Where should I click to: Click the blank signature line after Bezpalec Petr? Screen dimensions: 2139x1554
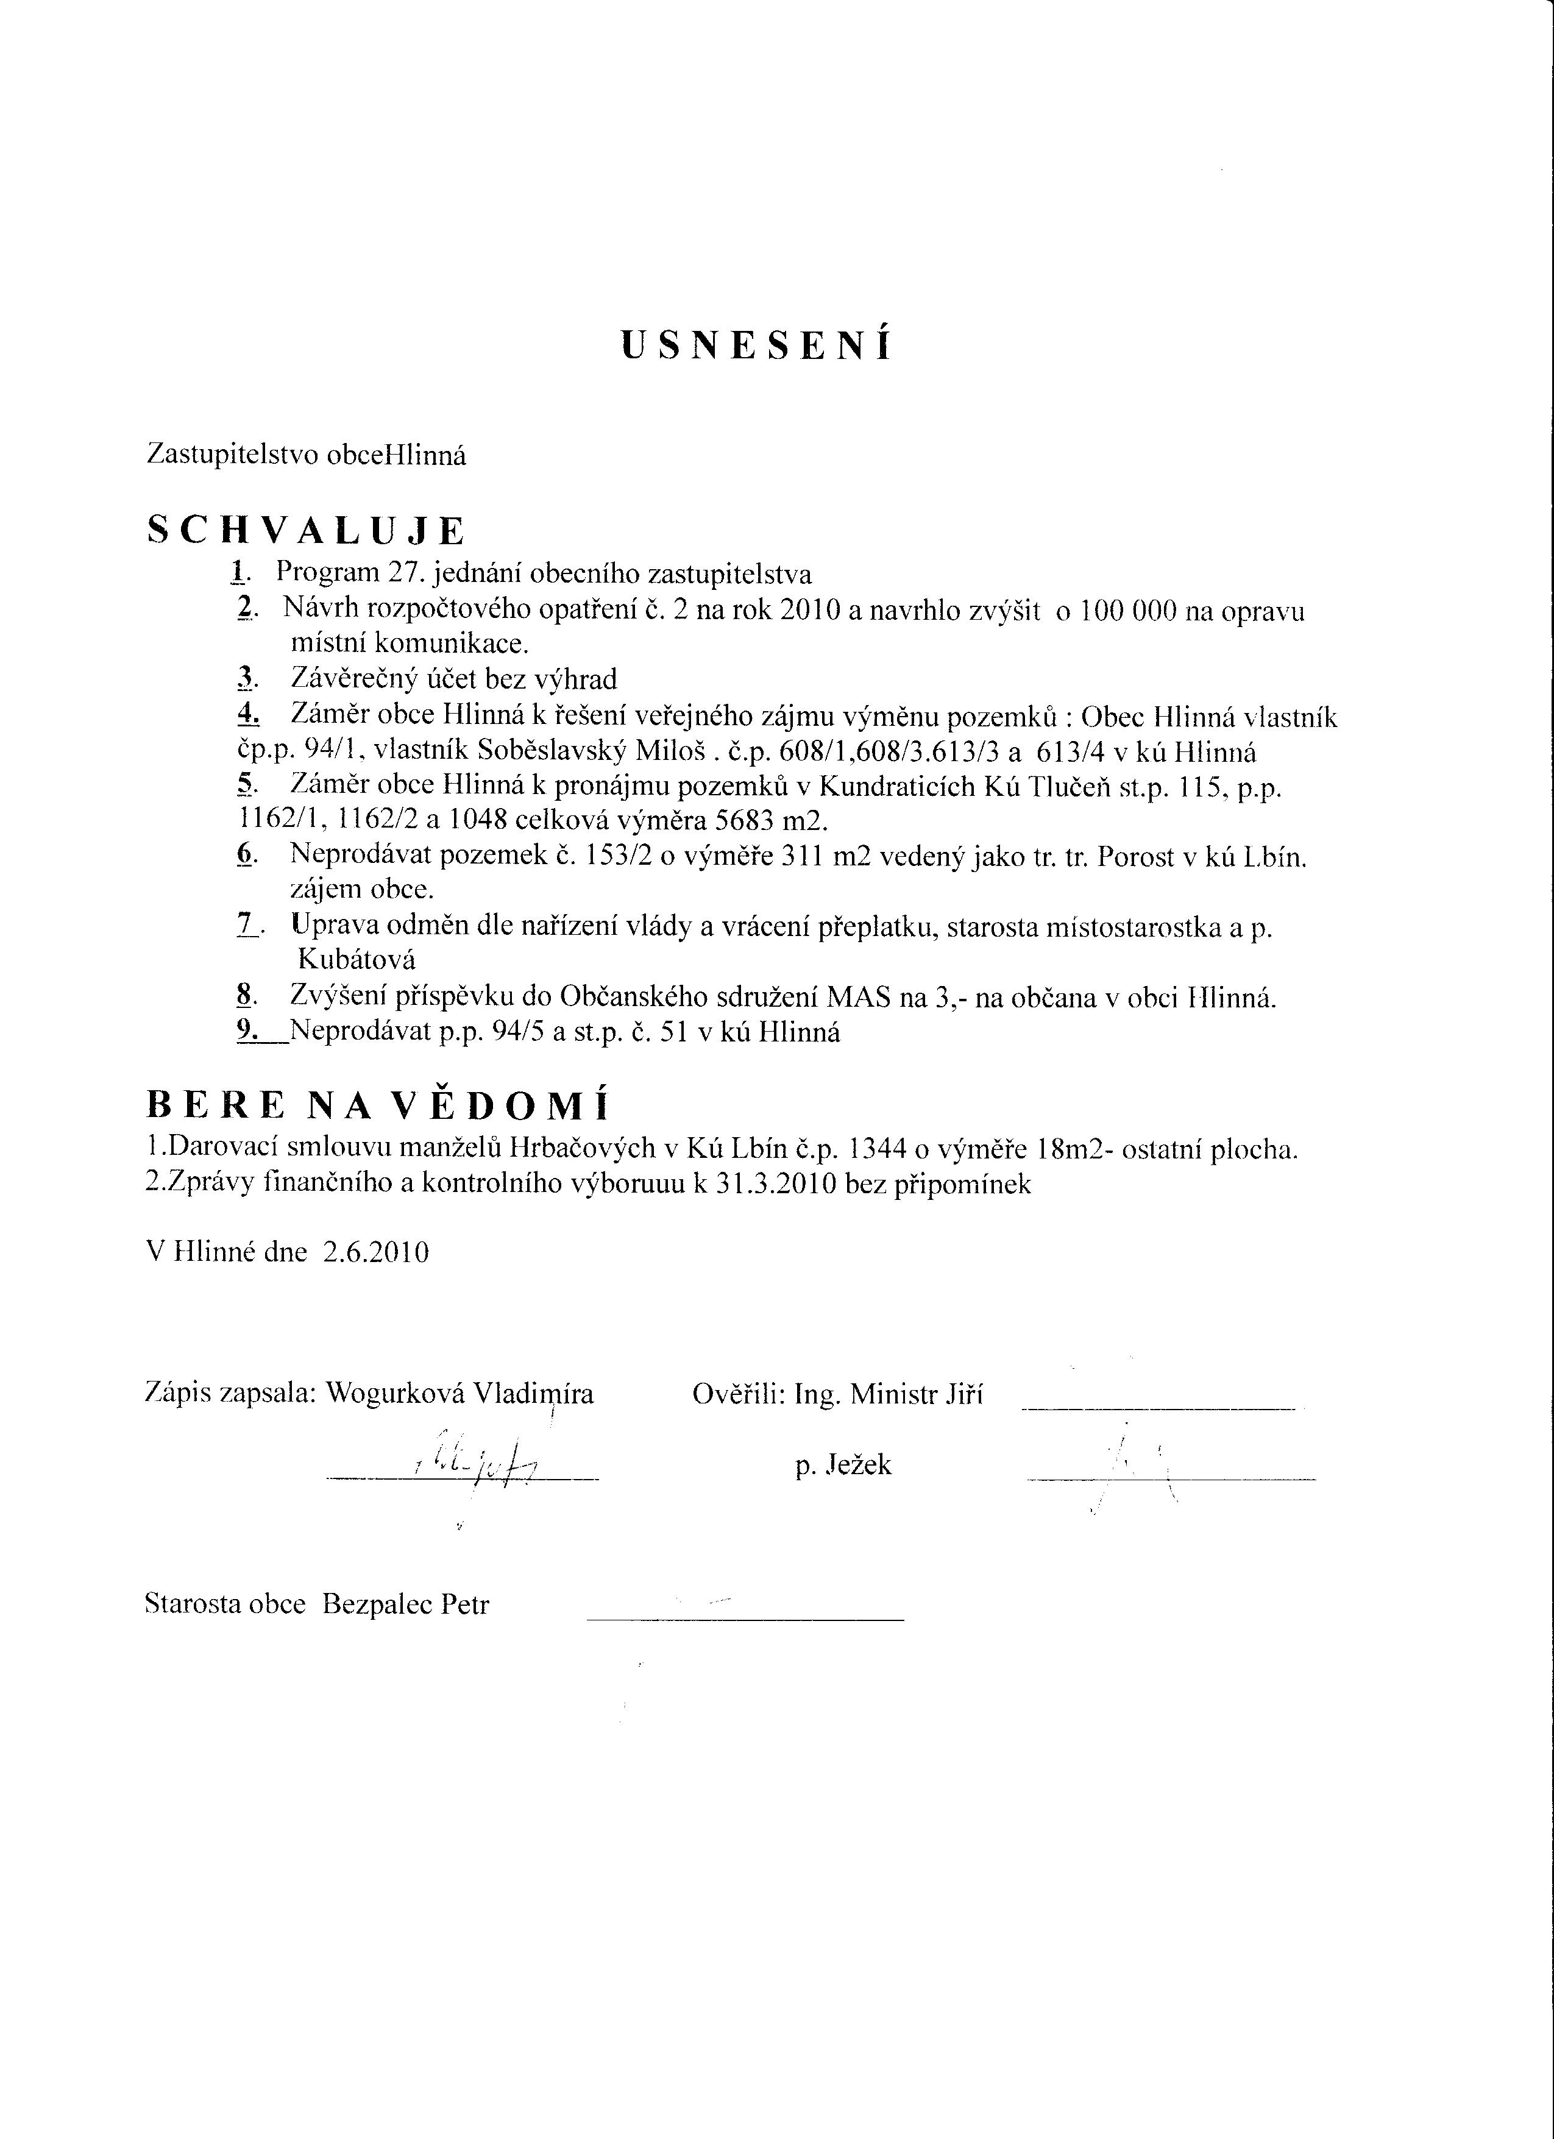pos(745,1619)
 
